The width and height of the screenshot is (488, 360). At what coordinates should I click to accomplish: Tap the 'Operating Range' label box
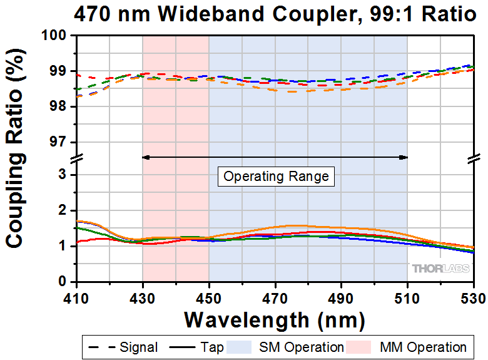point(276,176)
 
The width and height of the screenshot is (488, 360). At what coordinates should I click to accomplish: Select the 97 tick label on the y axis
point(63,142)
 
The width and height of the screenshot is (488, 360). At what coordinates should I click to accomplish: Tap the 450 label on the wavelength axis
point(209,296)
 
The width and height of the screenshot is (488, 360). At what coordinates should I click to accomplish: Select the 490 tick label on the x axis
point(341,296)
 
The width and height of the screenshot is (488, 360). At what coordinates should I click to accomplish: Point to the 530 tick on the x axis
point(473,296)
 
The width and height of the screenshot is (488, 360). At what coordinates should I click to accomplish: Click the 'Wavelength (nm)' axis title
point(274,319)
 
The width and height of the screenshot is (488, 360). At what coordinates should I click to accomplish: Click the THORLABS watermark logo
point(440,268)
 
